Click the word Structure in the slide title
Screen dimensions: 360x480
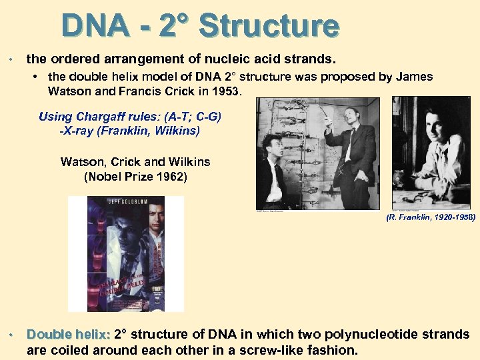[x=269, y=27]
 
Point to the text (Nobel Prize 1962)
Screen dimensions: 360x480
[x=135, y=177]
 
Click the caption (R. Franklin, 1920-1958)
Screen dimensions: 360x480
[x=431, y=217]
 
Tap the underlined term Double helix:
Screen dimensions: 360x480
[x=68, y=335]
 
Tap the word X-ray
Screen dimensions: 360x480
[x=78, y=131]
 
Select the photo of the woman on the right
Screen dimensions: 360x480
[x=431, y=153]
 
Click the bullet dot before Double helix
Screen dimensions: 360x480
[x=11, y=335]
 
